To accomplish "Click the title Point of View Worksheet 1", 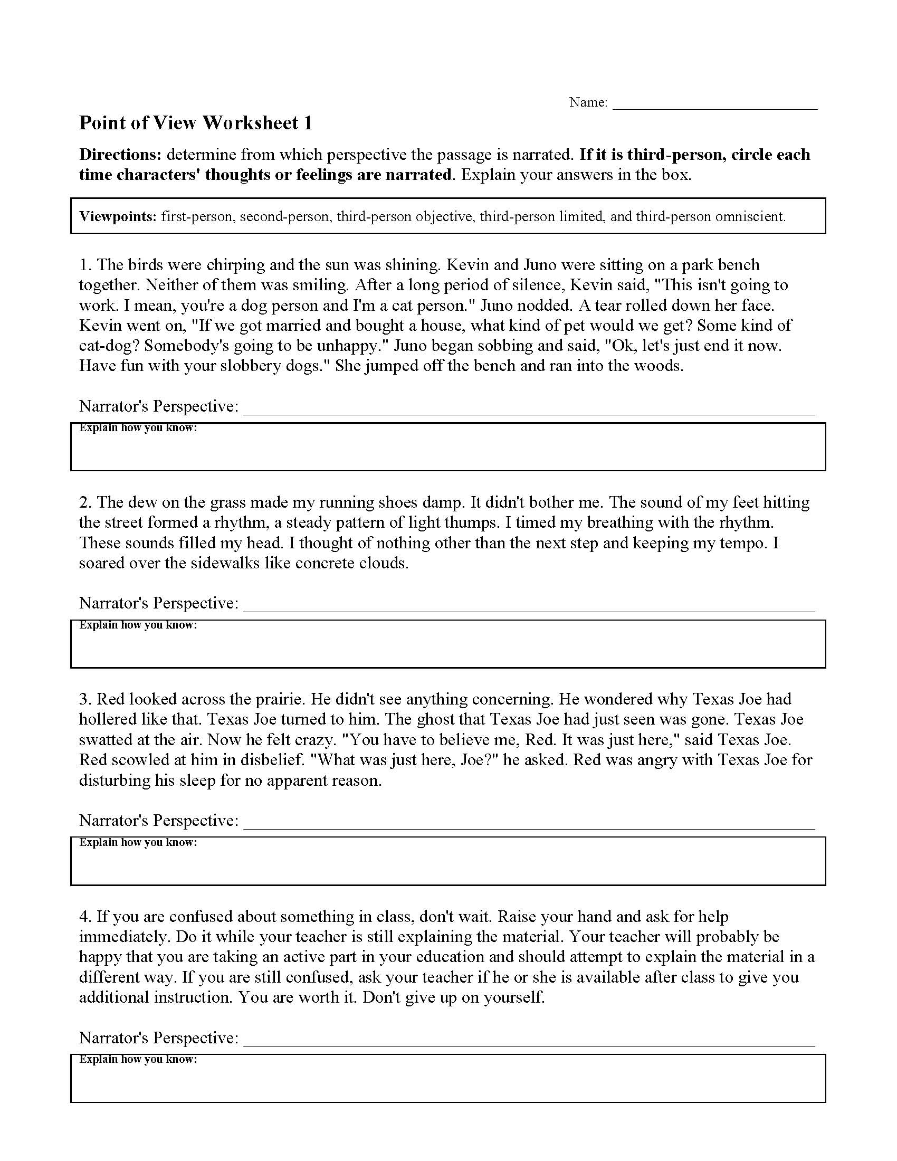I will tap(196, 123).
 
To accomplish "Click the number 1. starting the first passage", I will tap(86, 265).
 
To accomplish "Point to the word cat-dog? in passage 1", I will tap(109, 346).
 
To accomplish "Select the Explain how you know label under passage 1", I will tap(138, 428).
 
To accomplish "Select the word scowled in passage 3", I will tap(135, 759).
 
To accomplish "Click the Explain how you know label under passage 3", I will tap(138, 842).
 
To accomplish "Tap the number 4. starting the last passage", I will tap(86, 917).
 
